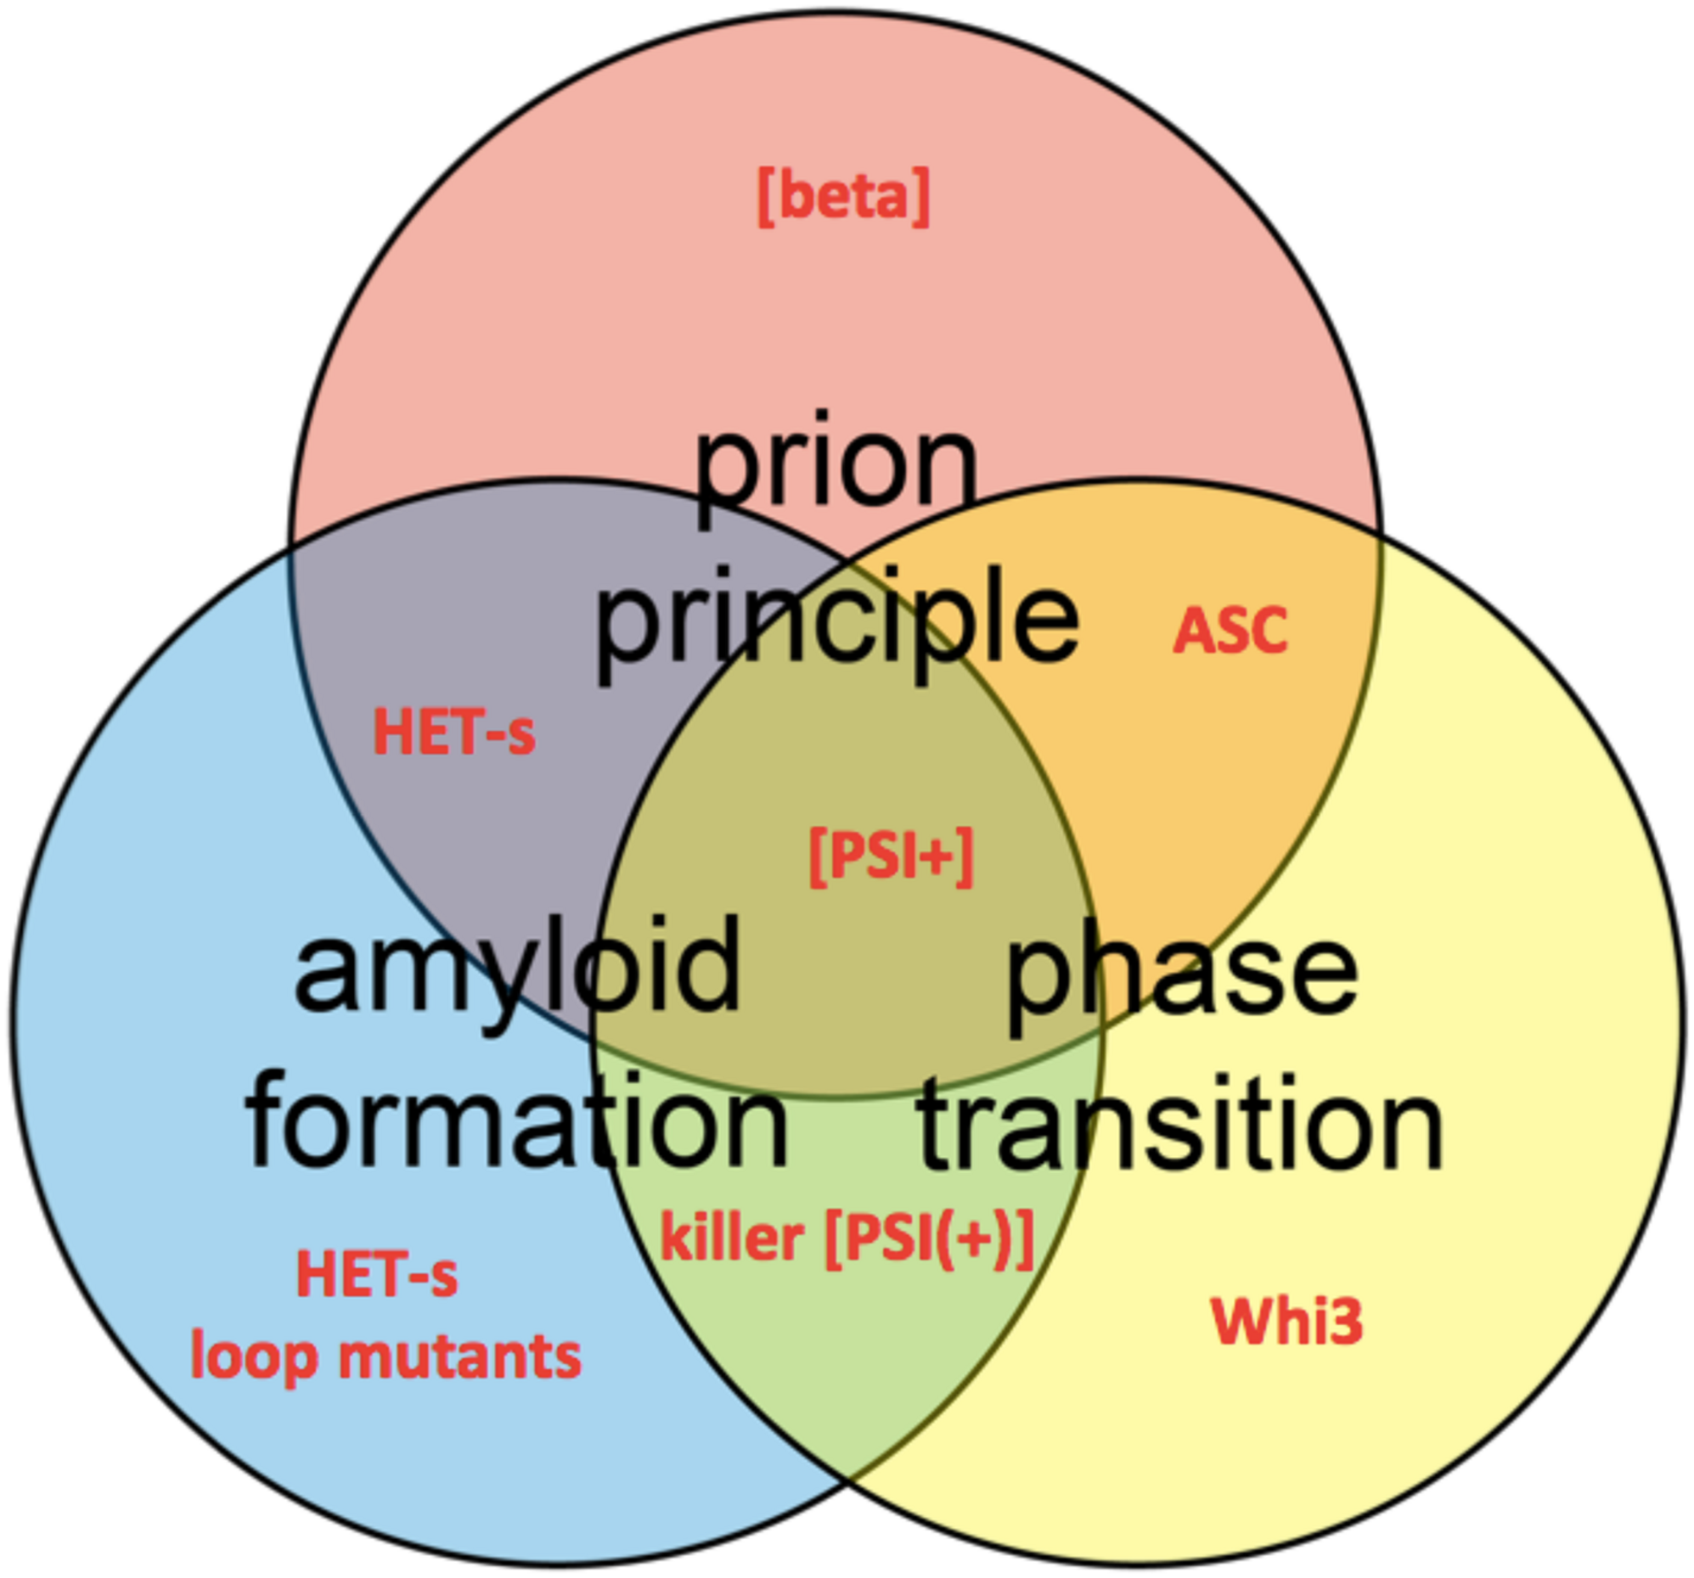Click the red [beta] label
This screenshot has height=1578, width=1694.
pos(842,197)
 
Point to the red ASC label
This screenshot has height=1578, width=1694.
pos(1230,632)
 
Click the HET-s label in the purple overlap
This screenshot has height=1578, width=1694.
pos(454,733)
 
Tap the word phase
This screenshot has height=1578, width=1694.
pos(1182,975)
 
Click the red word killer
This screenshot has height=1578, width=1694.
pos(732,1237)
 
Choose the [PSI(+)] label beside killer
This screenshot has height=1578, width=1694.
pos(930,1238)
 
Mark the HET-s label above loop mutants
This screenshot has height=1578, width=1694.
pos(377,1275)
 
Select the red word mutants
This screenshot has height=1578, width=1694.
pos(460,1356)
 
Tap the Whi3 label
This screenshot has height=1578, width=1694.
pos(1286,1322)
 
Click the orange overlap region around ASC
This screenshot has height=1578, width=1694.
pos(1210,750)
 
